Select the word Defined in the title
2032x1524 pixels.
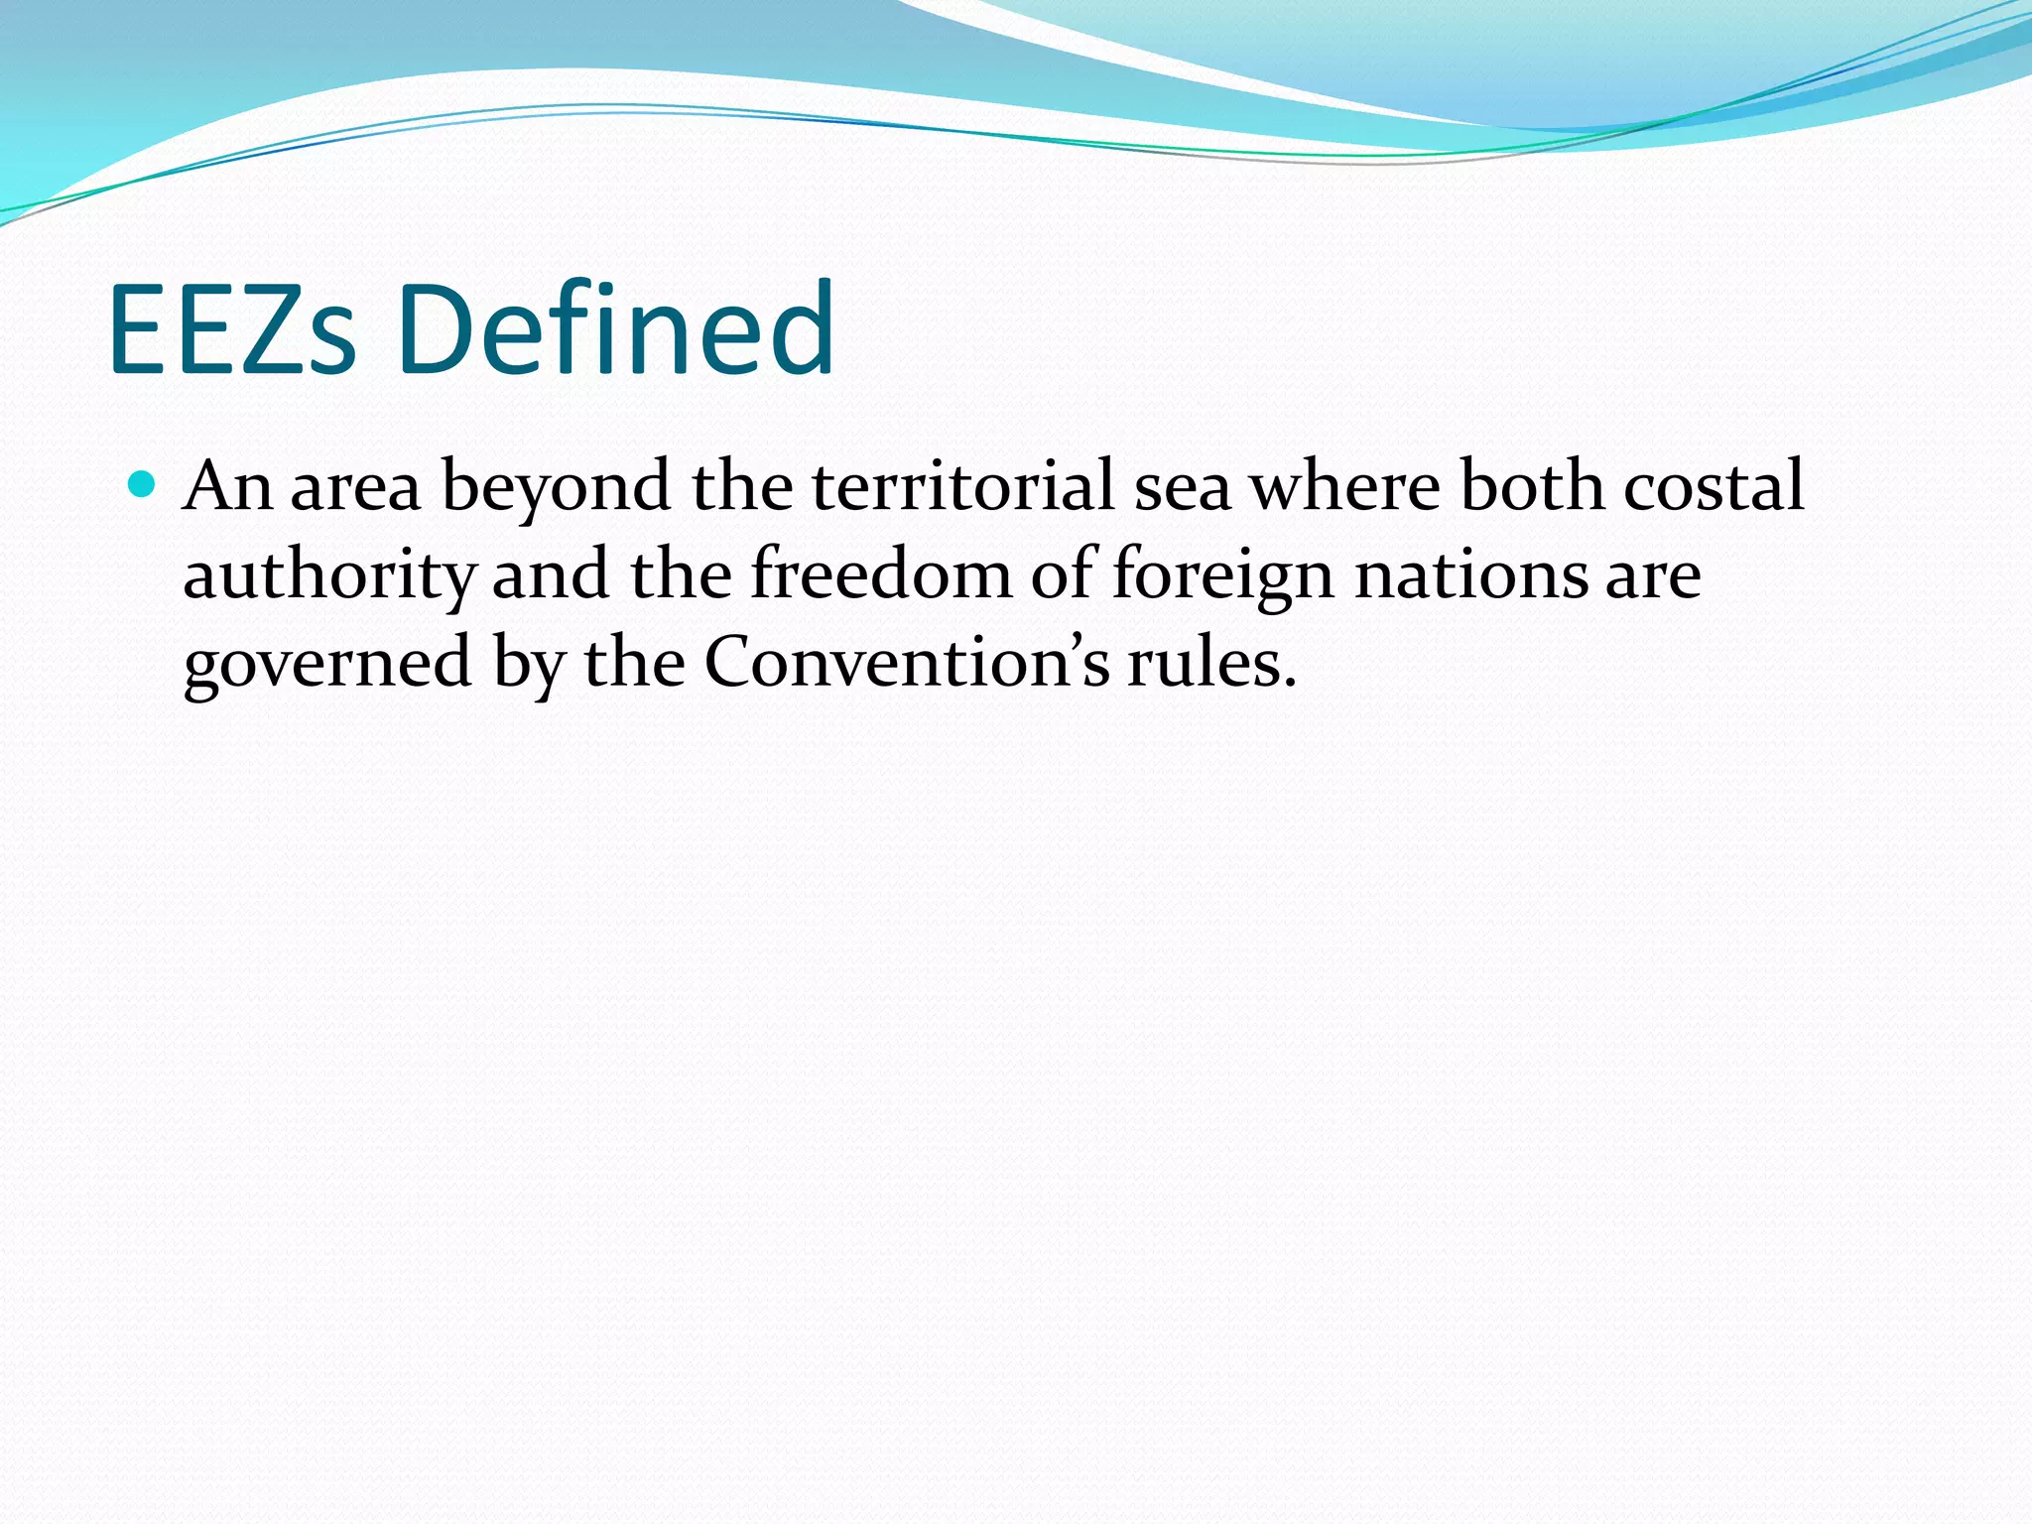[x=616, y=329]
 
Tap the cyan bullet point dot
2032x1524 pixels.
[x=144, y=485]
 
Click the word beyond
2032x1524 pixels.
[x=556, y=488]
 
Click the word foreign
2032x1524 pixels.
[x=1222, y=576]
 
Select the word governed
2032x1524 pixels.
[x=327, y=664]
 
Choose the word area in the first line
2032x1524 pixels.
[x=355, y=488]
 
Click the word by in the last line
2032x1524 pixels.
[x=528, y=664]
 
